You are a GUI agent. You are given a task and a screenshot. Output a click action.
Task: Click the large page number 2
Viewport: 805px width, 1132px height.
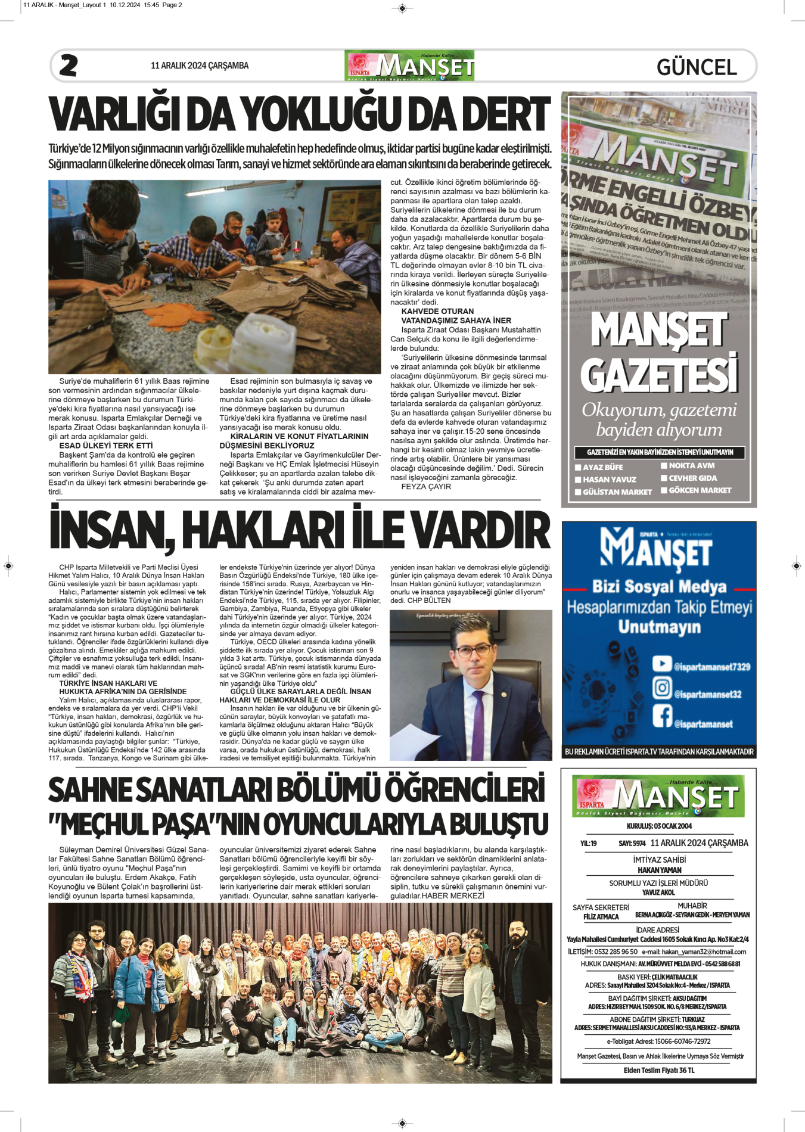[69, 66]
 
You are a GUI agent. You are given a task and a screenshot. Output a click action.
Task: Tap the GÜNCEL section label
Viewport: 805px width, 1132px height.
[696, 67]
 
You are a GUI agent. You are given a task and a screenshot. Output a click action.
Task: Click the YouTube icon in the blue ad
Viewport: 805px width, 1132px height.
[662, 664]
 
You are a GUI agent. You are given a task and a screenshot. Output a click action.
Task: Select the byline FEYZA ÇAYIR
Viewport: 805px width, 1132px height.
[426, 487]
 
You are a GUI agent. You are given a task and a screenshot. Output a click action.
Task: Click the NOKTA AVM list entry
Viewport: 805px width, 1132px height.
[691, 466]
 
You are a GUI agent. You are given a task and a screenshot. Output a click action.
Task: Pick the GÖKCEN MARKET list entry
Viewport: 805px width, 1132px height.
[700, 490]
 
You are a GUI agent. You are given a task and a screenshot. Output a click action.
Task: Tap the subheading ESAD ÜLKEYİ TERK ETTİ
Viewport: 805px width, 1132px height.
[106, 446]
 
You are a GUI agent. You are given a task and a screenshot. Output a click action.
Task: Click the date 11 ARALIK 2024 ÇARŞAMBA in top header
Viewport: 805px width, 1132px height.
[200, 66]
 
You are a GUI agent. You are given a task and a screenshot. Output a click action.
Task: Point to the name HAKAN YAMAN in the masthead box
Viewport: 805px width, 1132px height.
[659, 870]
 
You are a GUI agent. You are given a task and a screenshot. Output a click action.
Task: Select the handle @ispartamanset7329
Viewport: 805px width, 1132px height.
[711, 667]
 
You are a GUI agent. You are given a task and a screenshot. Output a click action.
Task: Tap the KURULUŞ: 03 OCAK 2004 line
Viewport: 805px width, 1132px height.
[659, 826]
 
